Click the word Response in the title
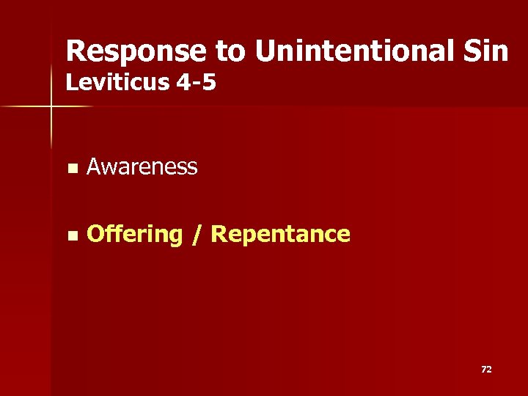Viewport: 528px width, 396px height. (x=136, y=51)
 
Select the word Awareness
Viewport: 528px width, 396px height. (x=142, y=167)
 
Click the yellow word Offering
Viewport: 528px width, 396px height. (x=134, y=235)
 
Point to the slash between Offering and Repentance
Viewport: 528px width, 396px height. (x=196, y=235)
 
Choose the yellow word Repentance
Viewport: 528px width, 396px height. (x=280, y=235)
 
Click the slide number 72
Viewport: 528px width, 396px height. (x=485, y=370)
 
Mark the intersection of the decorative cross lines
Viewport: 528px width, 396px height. (x=51, y=107)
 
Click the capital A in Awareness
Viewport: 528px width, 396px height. (x=93, y=167)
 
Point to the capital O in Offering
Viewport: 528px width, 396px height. (x=95, y=235)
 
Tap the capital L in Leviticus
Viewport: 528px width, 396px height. (x=71, y=83)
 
